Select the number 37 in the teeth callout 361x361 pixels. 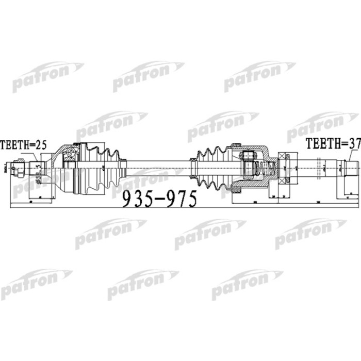click(353, 144)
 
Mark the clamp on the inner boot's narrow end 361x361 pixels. click(193, 166)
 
